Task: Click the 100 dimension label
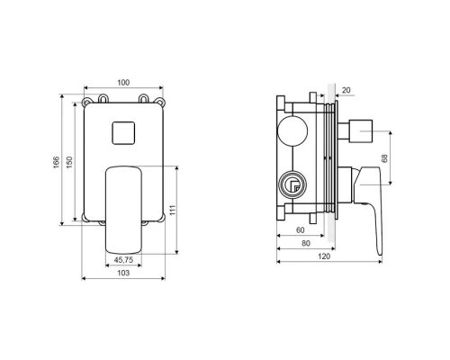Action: click(x=123, y=83)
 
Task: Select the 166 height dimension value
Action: click(x=57, y=162)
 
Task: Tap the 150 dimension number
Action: click(x=69, y=162)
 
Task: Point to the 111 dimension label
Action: click(x=173, y=210)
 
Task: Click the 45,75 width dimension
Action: click(x=123, y=260)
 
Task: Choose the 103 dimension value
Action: click(x=123, y=273)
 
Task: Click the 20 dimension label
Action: click(x=346, y=90)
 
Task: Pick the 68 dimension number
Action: click(x=384, y=158)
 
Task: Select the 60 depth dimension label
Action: click(x=301, y=230)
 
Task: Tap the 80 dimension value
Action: click(x=306, y=243)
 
